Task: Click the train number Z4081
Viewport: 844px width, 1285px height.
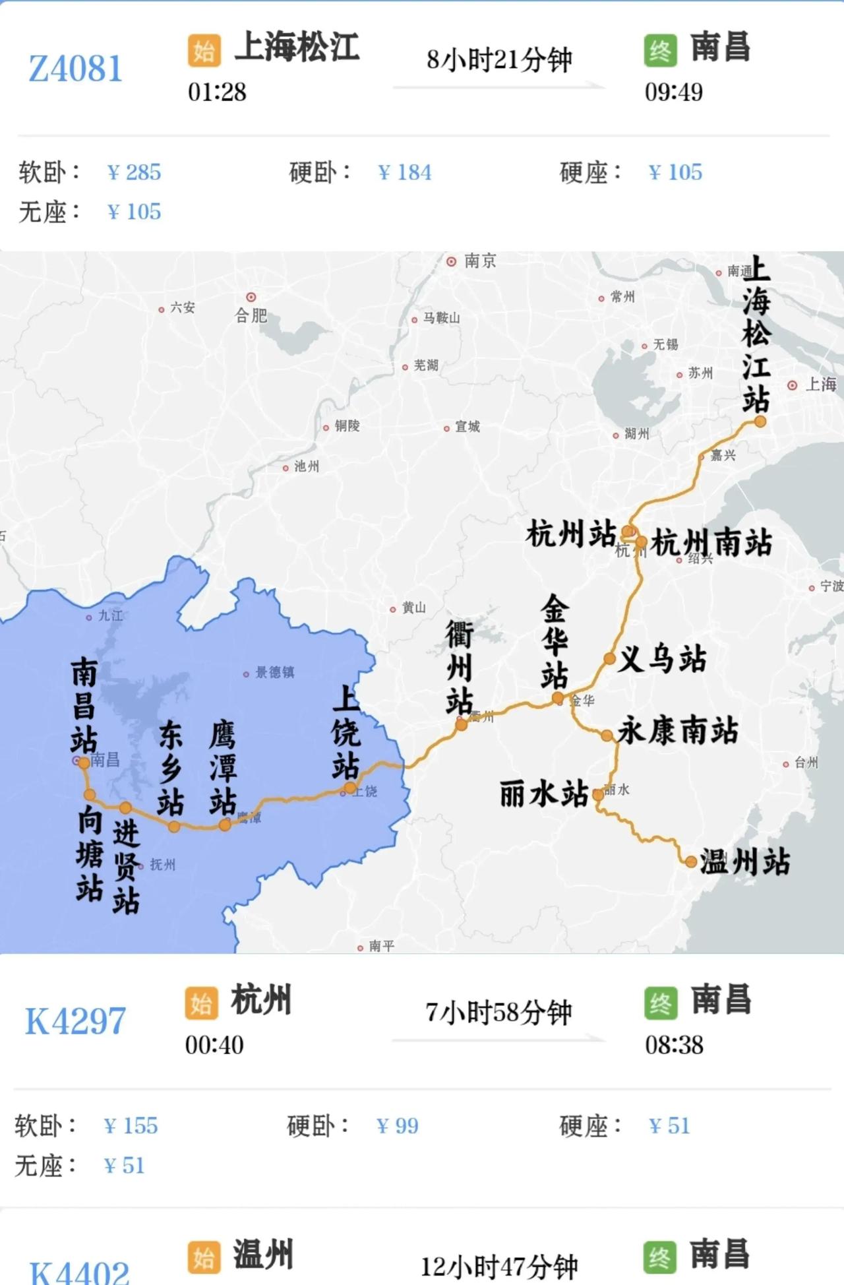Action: [76, 69]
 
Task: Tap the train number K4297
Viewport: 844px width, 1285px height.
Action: [75, 1021]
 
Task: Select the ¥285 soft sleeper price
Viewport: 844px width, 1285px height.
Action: [134, 172]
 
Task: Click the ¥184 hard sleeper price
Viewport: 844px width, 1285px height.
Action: [405, 172]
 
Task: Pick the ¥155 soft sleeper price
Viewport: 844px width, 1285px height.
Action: [131, 1125]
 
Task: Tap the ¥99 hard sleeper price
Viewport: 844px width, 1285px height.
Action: [397, 1125]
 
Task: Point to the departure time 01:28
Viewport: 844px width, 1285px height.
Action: [217, 92]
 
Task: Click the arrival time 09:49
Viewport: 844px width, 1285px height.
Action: [673, 92]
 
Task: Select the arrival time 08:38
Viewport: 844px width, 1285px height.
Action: [674, 1045]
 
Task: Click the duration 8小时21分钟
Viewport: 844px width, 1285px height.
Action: [499, 60]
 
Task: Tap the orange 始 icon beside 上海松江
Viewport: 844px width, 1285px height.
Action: [204, 50]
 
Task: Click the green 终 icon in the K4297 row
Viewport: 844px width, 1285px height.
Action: [661, 1003]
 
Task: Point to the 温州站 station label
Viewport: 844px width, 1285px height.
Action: [745, 862]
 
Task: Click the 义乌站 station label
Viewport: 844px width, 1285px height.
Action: [661, 659]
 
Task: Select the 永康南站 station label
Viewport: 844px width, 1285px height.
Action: [678, 730]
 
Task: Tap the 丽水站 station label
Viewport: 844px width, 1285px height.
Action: [544, 794]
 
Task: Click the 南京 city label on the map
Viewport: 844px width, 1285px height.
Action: [480, 261]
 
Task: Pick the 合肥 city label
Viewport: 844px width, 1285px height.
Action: [251, 316]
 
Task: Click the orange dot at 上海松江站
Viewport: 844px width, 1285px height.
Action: [760, 422]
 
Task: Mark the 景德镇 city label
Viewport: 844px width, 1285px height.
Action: [274, 672]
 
